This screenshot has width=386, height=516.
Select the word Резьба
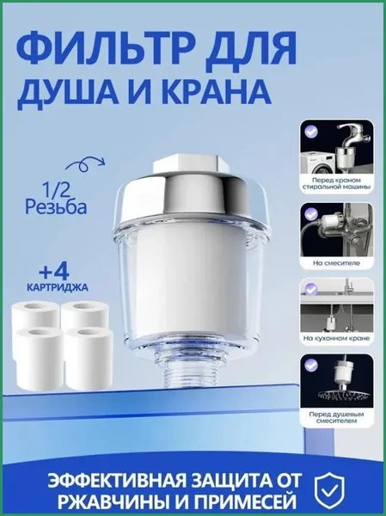tap(56, 207)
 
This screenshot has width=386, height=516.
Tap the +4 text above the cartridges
tap(53, 272)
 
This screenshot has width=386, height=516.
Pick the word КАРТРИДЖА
tap(58, 287)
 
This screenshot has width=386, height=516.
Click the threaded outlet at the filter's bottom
tap(187, 373)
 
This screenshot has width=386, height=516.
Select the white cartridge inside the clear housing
tap(190, 277)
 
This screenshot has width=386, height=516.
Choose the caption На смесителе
tap(336, 263)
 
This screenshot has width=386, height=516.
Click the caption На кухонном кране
tap(336, 338)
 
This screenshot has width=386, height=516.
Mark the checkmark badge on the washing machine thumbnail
tap(310, 130)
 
